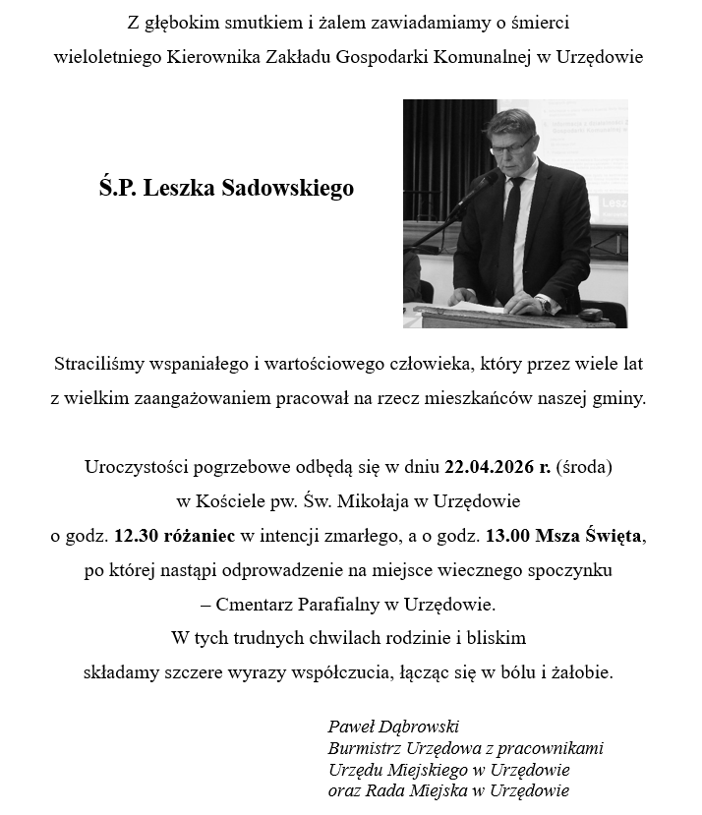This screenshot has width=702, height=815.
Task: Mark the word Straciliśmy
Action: (100, 364)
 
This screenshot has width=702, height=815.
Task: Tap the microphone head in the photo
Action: (489, 177)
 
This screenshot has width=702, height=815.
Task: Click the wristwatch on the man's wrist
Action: (546, 304)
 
